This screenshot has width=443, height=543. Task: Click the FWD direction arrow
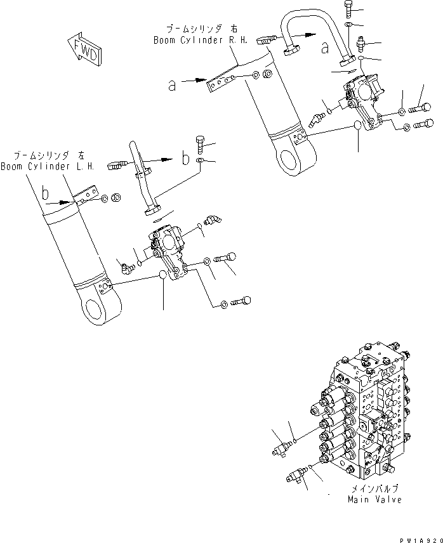(x=82, y=49)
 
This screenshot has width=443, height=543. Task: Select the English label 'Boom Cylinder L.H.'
(x=47, y=167)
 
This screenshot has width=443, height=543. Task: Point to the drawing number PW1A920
(x=420, y=537)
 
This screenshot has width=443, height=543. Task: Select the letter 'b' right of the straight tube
(x=186, y=159)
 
